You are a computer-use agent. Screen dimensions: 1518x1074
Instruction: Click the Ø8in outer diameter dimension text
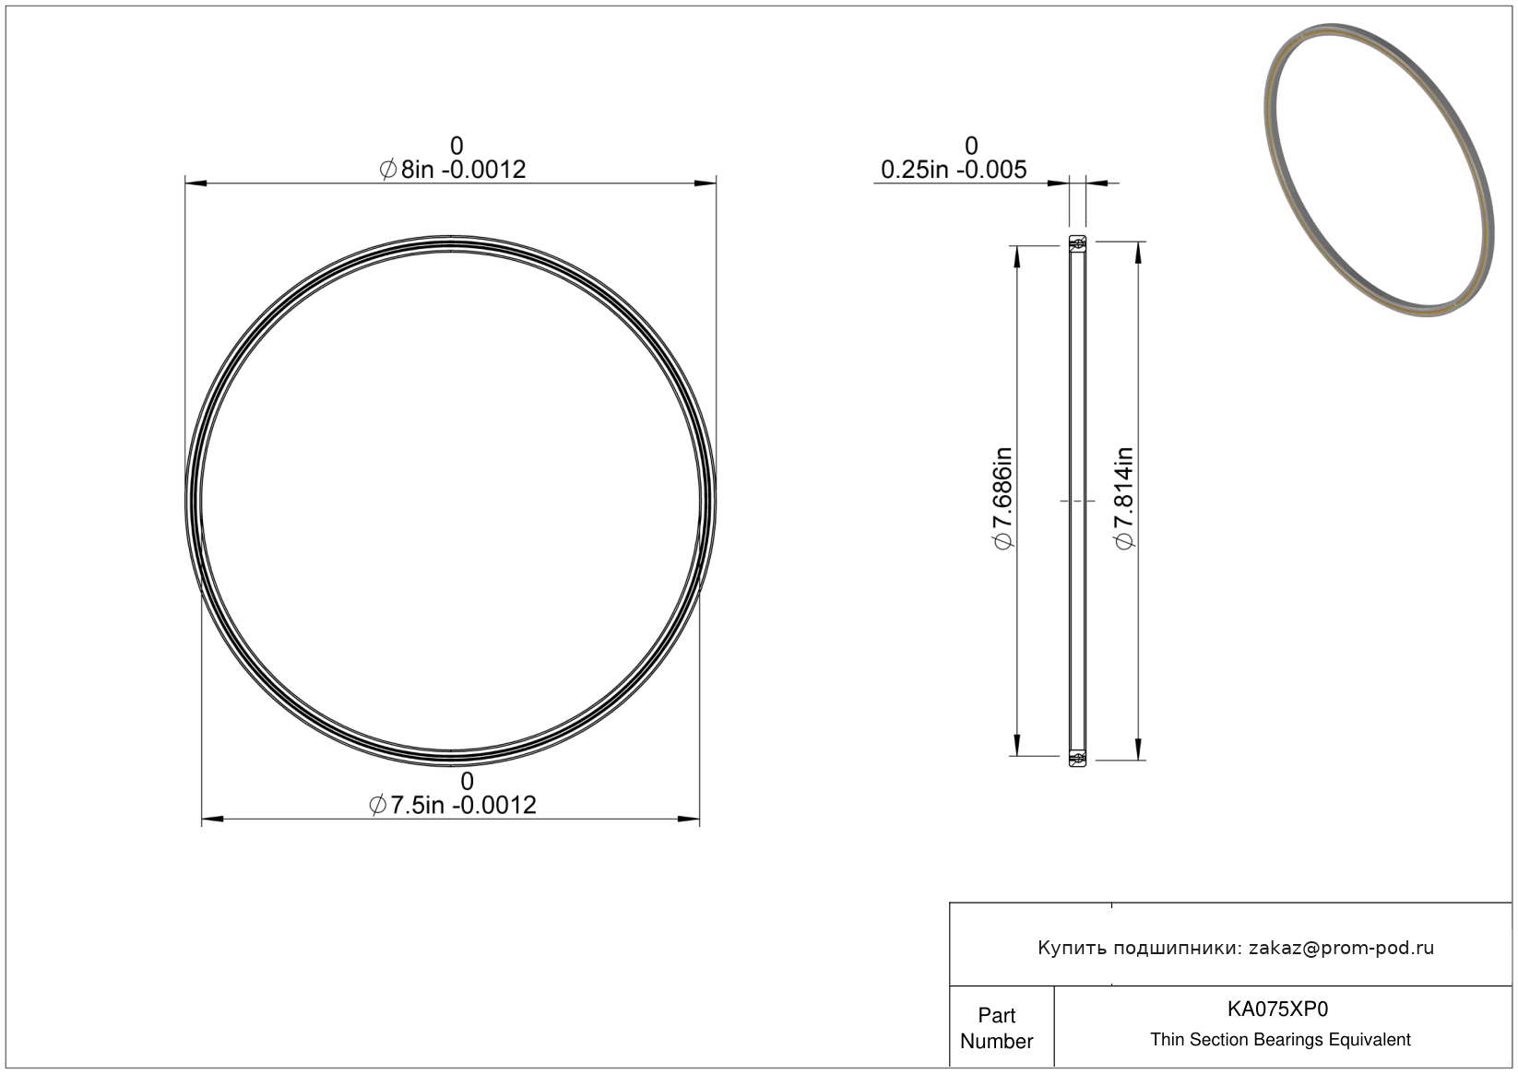pyautogui.click(x=452, y=170)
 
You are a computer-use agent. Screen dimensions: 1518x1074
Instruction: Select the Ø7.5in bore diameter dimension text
pyautogui.click(x=452, y=805)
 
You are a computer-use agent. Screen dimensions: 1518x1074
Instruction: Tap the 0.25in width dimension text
pyautogui.click(x=954, y=170)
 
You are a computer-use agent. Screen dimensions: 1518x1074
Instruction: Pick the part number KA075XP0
pyautogui.click(x=1277, y=1009)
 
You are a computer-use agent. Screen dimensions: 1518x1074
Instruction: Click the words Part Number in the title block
pyautogui.click(x=996, y=1028)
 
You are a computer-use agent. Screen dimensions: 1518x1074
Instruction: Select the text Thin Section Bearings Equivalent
pyautogui.click(x=1280, y=1040)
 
